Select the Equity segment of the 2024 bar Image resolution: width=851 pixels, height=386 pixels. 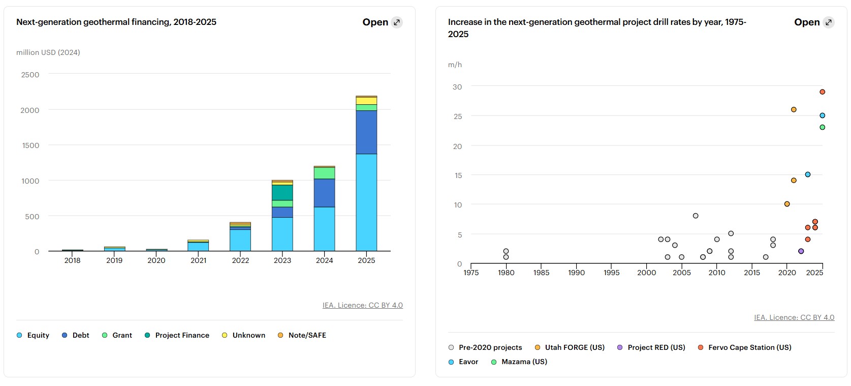324,229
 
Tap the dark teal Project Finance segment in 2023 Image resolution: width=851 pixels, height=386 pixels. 282,192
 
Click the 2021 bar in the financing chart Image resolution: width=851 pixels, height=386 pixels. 198,246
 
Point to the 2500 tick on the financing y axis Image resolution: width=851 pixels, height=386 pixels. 30,75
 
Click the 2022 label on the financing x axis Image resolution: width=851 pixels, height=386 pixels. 240,260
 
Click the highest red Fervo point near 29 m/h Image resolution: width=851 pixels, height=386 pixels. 822,92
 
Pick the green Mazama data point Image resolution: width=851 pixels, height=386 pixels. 822,127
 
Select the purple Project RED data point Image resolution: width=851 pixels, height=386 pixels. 801,251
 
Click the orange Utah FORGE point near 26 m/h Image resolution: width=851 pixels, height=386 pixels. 794,110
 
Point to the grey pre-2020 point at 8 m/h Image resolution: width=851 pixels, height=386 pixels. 696,216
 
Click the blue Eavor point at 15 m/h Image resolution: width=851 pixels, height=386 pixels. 808,174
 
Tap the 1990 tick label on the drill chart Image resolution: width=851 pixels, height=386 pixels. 576,273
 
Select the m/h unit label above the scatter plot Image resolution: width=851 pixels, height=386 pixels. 455,65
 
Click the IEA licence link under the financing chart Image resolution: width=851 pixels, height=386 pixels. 362,305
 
